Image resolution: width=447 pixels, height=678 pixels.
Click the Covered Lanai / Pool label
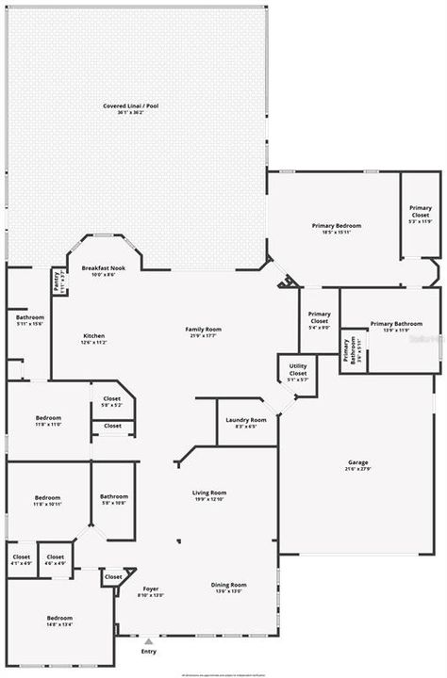point(131,108)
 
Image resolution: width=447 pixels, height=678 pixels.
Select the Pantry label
point(58,282)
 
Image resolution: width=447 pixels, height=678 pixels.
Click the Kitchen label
point(92,338)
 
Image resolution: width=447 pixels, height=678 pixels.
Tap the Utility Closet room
point(298,368)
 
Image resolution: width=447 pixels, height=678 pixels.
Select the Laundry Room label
point(245,422)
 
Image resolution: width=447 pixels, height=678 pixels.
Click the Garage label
point(357,464)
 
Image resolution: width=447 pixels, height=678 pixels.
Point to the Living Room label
point(209,495)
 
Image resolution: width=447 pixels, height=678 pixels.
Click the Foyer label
point(151,590)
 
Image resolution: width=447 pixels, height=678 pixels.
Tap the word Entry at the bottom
point(148,652)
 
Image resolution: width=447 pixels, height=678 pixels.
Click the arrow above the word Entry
point(148,641)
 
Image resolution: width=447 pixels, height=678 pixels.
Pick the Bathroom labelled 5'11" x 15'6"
point(29,321)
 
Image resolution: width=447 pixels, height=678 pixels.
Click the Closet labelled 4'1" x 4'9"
point(21,559)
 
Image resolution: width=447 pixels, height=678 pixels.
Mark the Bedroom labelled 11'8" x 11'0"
point(48,420)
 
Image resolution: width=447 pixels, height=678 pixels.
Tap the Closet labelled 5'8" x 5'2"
point(112,402)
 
